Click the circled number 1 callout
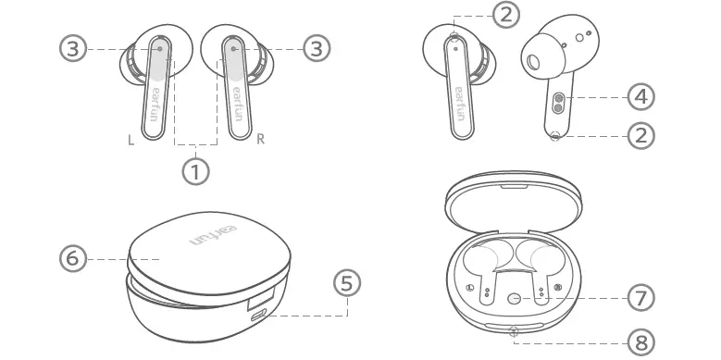tap(194, 170)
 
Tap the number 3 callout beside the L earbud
tap(73, 49)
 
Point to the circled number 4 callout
tap(640, 95)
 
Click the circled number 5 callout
tap(347, 283)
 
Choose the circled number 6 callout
tap(72, 259)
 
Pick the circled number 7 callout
tap(640, 298)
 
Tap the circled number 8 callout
tap(640, 341)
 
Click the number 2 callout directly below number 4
tap(640, 135)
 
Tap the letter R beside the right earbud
tap(260, 140)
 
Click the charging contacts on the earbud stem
tap(559, 102)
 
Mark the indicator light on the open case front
tap(515, 330)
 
